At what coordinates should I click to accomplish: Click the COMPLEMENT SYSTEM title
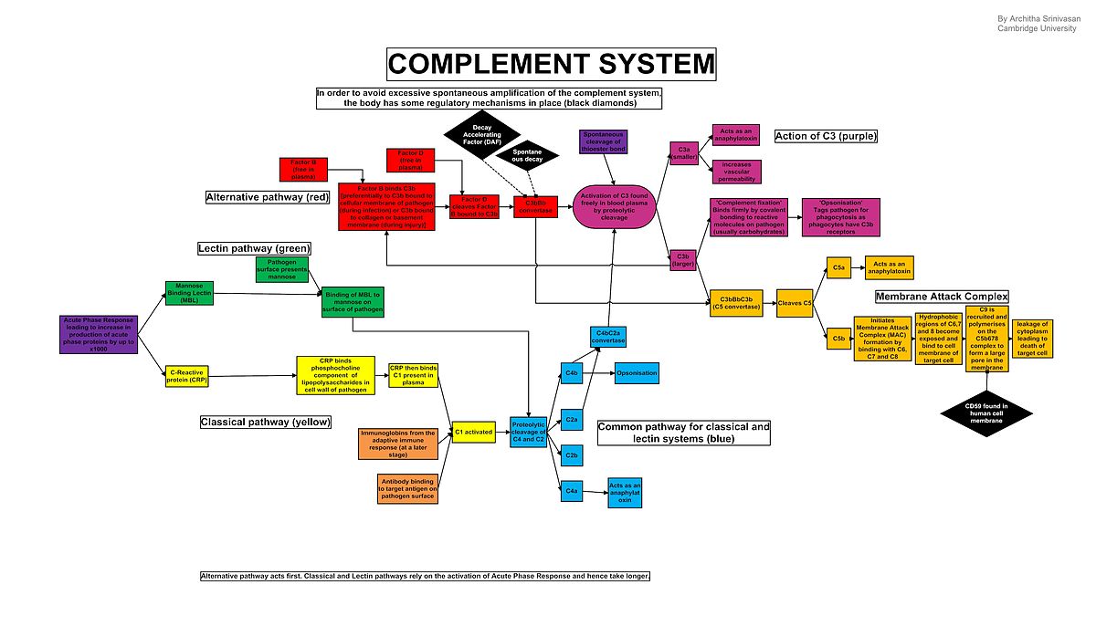551,64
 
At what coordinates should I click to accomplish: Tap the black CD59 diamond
985,412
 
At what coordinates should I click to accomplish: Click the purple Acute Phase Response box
99,334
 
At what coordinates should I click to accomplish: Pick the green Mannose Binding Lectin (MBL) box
189,292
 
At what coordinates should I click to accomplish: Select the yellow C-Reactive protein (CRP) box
189,375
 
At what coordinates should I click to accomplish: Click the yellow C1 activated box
473,433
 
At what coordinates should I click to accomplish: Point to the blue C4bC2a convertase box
610,337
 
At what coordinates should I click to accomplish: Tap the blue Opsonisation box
636,372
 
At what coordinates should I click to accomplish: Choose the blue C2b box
572,454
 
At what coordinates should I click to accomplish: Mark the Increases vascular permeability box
736,172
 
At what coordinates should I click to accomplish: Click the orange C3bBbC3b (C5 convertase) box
736,303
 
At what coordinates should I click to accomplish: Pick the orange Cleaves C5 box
795,303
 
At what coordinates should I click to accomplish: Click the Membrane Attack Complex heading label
942,297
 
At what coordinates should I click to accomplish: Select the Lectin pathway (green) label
255,248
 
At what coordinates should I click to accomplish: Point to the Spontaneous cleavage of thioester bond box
603,141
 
